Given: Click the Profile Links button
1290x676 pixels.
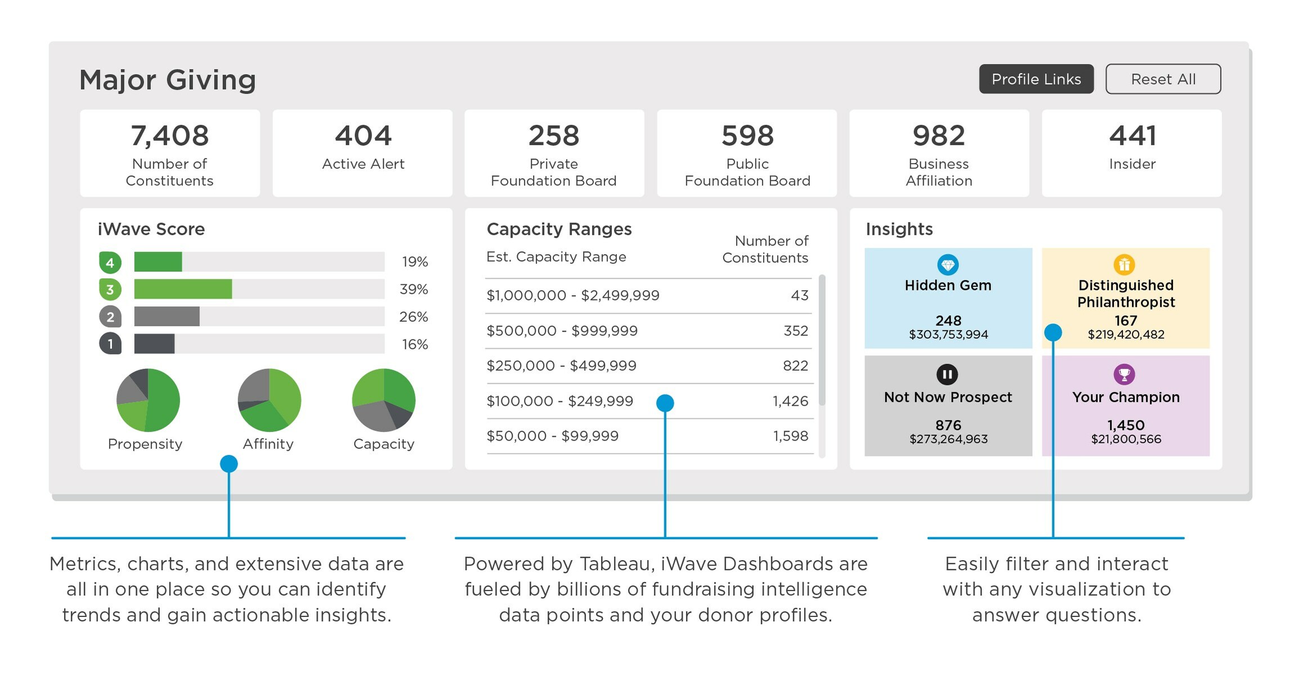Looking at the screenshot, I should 1036,79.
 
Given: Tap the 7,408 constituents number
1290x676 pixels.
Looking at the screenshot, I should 169,136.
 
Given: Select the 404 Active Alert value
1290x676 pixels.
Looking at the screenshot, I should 363,136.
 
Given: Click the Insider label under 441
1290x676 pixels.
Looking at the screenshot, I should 1132,164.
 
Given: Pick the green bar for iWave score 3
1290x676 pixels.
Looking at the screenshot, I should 183,289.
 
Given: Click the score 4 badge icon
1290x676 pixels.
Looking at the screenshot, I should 110,262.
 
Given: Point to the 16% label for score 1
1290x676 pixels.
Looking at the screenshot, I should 415,344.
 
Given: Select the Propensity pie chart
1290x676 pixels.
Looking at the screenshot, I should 148,400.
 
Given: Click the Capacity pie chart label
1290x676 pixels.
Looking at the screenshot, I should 384,444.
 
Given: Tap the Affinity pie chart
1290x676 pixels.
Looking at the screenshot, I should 270,400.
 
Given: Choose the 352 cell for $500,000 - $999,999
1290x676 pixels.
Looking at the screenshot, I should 795,331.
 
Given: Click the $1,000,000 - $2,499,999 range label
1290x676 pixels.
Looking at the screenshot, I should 573,296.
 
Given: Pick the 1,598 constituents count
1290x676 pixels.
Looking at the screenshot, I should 790,436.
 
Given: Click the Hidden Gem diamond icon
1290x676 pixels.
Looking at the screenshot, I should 948,265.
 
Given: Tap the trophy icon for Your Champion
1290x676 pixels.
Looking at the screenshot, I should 1124,374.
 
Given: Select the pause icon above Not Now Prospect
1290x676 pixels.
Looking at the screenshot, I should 947,374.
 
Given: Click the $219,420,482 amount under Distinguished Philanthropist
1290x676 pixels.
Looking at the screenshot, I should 1126,335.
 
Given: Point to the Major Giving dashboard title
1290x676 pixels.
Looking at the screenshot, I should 168,80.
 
